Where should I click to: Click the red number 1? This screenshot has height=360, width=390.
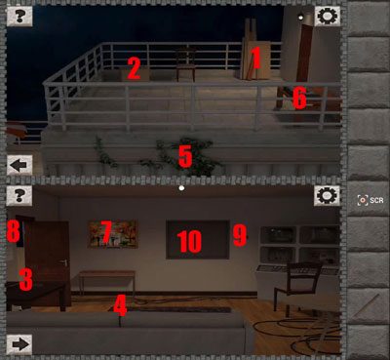[x=255, y=59]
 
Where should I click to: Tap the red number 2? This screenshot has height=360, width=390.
[x=134, y=68]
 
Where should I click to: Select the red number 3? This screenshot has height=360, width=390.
[x=26, y=279]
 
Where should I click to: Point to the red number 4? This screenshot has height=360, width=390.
[x=120, y=305]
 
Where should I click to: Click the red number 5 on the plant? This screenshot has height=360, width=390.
[x=185, y=157]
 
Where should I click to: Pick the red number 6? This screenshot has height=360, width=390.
[x=299, y=98]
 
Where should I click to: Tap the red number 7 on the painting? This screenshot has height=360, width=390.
[x=106, y=232]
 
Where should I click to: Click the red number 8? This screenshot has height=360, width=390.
[x=14, y=231]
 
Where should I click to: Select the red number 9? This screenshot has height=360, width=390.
[x=240, y=235]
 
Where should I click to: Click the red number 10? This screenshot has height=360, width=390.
[x=189, y=242]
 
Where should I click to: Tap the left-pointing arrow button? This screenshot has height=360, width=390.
[x=19, y=165]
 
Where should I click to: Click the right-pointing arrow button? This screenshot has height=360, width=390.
[x=19, y=344]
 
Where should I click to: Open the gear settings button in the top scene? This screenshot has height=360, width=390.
[x=328, y=16]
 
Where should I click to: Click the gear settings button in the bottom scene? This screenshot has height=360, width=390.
[x=327, y=196]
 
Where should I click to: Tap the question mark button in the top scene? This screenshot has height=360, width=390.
[x=19, y=16]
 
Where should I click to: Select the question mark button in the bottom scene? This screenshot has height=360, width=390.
[x=19, y=196]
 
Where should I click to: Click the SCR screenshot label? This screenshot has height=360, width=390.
[x=376, y=200]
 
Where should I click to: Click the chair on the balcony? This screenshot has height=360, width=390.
[x=186, y=64]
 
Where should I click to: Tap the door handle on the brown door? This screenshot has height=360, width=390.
[x=65, y=262]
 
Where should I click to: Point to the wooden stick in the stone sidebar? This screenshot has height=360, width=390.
[x=367, y=305]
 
